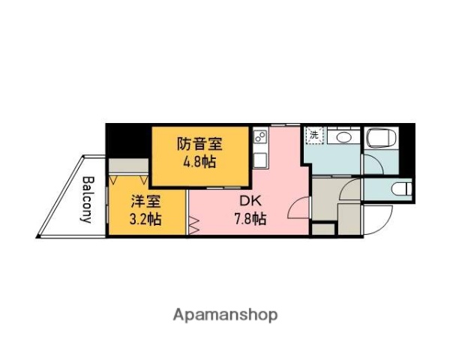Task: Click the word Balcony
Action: pyautogui.click(x=87, y=199)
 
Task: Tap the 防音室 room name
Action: pyautogui.click(x=200, y=142)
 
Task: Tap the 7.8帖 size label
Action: pyautogui.click(x=248, y=219)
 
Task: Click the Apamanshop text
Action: pyautogui.click(x=225, y=314)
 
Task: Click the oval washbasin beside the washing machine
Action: pyautogui.click(x=345, y=137)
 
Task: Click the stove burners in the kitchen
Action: pyautogui.click(x=260, y=138)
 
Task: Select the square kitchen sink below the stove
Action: pyautogui.click(x=260, y=160)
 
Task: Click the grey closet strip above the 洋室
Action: pyautogui.click(x=128, y=166)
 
